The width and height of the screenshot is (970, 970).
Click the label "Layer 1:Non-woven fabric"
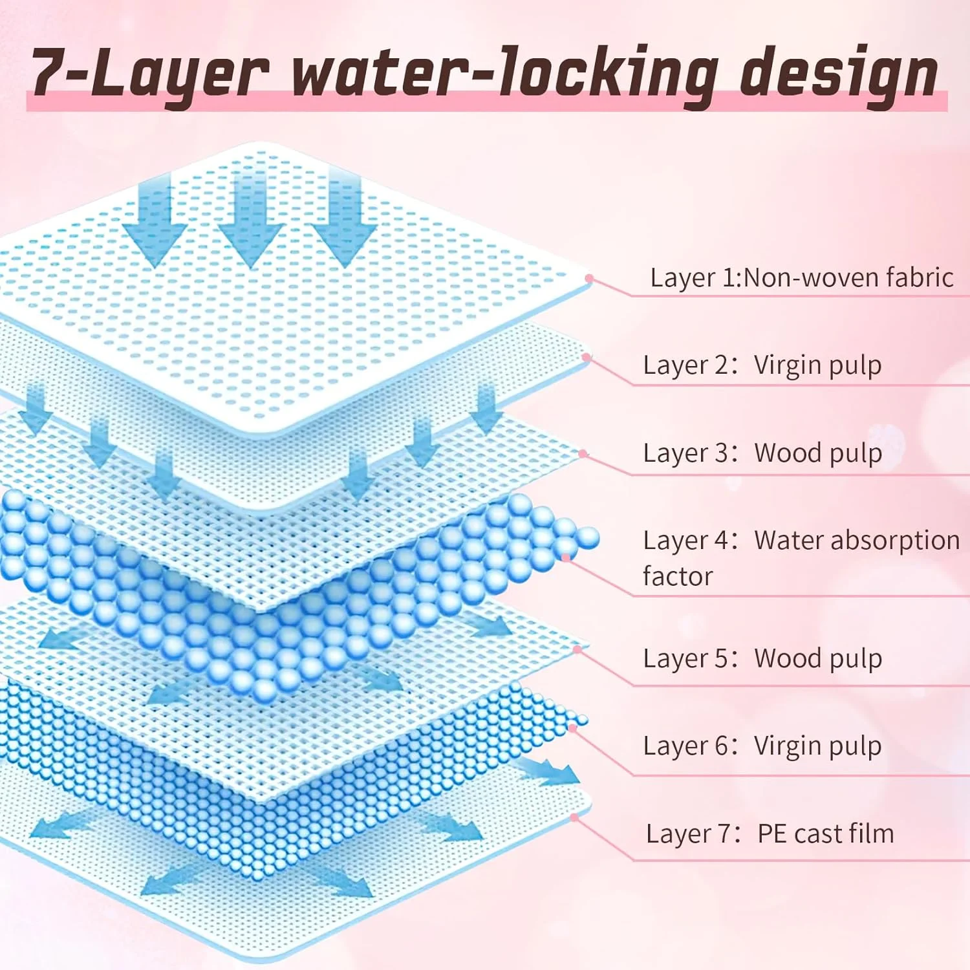[x=802, y=277]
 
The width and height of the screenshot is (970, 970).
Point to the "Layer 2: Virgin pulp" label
[x=762, y=365]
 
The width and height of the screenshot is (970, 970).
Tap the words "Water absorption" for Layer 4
[x=857, y=540]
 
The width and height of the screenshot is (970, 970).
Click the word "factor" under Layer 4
[x=678, y=576]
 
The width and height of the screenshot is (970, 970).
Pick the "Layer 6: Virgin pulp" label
[x=762, y=746]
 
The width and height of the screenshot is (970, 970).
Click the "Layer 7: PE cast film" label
[x=770, y=834]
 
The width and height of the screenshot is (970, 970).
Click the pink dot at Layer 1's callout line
[x=589, y=279]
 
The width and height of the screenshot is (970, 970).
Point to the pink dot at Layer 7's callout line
[x=574, y=818]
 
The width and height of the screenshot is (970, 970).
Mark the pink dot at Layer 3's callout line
[x=583, y=454]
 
